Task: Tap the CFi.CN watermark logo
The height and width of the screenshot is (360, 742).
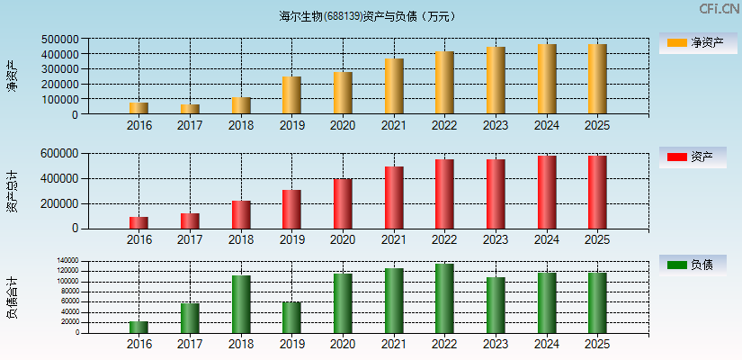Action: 719,9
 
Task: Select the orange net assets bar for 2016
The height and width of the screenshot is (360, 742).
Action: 139,108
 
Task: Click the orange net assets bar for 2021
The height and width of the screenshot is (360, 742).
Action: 394,86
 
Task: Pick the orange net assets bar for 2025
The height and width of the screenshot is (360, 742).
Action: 597,79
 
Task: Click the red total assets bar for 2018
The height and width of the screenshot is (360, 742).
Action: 241,214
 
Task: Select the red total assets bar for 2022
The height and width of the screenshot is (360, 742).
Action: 444,193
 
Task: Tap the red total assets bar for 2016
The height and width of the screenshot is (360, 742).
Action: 139,222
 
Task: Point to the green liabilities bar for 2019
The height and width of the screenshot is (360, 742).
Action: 291,317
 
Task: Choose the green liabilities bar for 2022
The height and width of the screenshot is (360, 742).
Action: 444,298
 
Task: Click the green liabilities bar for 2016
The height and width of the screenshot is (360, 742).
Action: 139,327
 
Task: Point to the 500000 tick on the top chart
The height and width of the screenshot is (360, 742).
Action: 58,40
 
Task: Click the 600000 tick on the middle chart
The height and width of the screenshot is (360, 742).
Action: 58,154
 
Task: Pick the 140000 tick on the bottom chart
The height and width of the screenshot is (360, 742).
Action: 67,261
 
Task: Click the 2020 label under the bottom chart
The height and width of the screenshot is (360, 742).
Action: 343,344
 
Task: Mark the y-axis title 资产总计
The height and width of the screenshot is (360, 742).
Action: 13,191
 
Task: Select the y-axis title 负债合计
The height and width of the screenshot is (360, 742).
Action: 13,299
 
